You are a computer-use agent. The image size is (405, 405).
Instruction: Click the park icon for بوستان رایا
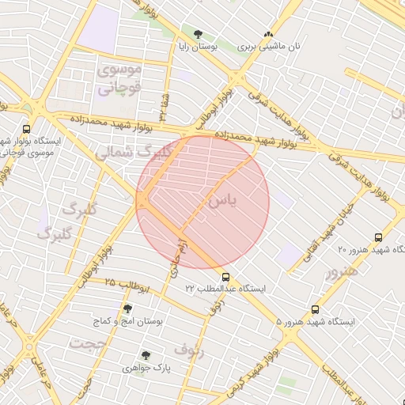pos(197,34)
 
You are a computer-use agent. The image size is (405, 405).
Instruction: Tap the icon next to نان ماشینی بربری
pos(268,34)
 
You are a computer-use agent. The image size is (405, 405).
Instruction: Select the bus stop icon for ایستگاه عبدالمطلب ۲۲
pos(226,277)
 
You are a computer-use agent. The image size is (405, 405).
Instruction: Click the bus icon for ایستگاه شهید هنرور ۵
pos(316,309)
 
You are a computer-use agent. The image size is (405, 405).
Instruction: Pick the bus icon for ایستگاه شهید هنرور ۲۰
pos(378,237)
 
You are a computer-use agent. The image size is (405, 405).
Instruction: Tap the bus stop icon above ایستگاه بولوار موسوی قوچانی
pos(27,129)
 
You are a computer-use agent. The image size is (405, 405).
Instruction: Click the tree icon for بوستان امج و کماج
pos(127,308)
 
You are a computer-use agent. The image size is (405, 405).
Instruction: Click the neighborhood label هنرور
pos(340,271)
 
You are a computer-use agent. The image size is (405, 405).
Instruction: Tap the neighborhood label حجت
pos(87,344)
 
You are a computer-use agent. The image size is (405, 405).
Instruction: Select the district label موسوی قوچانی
pos(119,79)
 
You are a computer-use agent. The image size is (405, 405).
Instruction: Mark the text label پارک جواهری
pos(146,369)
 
